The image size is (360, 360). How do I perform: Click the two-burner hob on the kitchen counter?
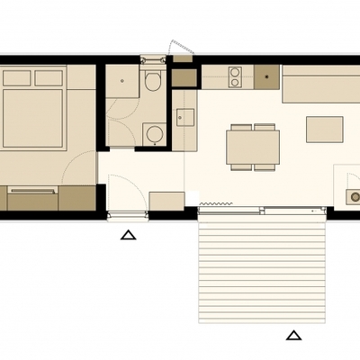(x=235, y=77)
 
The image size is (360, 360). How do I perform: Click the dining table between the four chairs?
(x=252, y=145)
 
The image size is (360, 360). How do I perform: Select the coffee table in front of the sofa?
(x=324, y=130)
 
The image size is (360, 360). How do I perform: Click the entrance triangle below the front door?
(x=128, y=236)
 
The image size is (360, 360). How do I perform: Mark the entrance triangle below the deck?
(x=293, y=336)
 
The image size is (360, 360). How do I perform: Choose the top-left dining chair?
(x=240, y=127)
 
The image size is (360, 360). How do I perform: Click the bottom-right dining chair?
(x=265, y=166)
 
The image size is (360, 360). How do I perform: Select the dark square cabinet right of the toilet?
(x=184, y=77)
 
